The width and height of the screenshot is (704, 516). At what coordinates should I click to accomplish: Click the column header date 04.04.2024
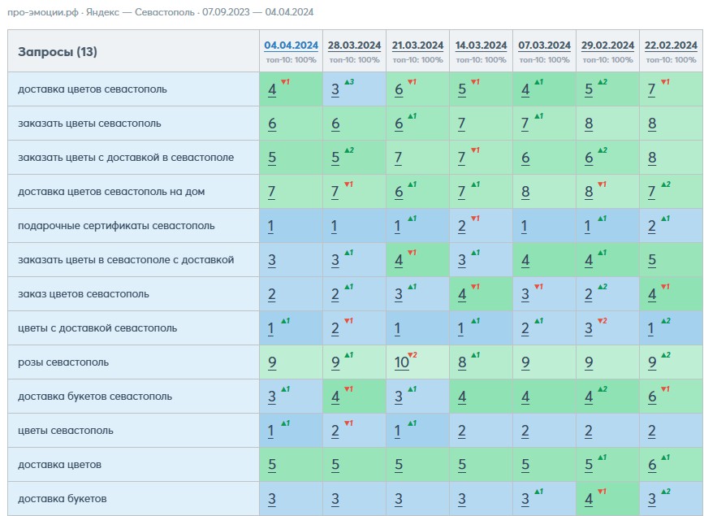click(x=291, y=46)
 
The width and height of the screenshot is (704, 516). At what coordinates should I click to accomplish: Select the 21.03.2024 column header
click(x=417, y=46)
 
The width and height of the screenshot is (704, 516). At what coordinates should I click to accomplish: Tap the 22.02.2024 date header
click(x=671, y=46)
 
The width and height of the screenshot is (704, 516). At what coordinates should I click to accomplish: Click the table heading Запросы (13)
click(x=58, y=52)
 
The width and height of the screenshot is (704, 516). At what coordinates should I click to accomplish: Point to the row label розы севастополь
click(x=63, y=362)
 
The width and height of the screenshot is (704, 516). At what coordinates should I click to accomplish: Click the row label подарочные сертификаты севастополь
click(x=116, y=226)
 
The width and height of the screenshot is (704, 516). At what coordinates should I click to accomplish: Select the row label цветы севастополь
click(x=66, y=431)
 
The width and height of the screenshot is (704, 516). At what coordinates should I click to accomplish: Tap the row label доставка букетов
click(x=63, y=499)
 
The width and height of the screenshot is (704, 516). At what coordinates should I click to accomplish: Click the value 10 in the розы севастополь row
click(x=401, y=362)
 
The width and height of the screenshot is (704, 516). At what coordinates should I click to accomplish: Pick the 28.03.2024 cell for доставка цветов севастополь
click(x=354, y=89)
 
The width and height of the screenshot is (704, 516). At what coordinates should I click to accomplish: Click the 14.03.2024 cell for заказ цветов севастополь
click(x=481, y=294)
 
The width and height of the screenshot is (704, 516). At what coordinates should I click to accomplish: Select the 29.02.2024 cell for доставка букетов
click(x=607, y=498)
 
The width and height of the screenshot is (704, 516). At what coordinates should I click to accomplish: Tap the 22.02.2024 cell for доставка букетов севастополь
click(x=672, y=397)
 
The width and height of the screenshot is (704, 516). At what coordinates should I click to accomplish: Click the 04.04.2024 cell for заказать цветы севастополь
click(x=291, y=124)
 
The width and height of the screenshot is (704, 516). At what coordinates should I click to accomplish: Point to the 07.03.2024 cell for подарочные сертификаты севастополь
click(x=544, y=226)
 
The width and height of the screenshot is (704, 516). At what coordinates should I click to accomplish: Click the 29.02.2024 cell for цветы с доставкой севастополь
click(x=607, y=328)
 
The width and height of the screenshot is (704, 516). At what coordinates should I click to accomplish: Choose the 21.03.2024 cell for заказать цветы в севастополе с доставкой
click(x=417, y=260)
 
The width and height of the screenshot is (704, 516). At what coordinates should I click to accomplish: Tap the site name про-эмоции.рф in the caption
click(x=43, y=12)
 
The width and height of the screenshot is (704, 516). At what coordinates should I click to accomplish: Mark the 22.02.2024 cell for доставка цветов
click(x=672, y=465)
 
